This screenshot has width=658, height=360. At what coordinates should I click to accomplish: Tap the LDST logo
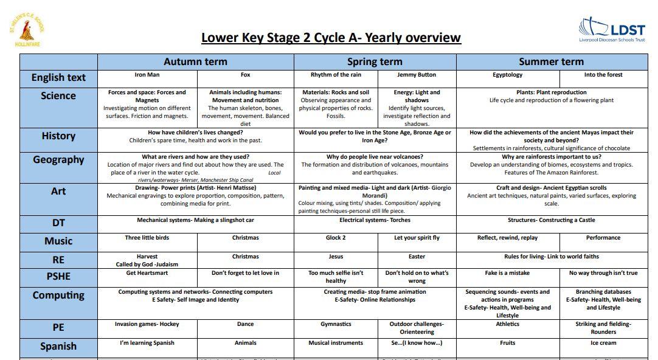[x=611, y=29]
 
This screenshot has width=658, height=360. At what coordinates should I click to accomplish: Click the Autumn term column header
[x=195, y=61]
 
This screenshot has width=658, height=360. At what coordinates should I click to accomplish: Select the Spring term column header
[x=375, y=61]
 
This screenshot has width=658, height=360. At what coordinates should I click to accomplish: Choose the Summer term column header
[x=551, y=61]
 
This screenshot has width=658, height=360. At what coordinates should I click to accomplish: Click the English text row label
[x=58, y=78]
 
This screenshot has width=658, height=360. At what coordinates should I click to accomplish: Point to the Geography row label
[x=58, y=160]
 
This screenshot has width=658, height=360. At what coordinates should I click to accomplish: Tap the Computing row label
[x=58, y=296]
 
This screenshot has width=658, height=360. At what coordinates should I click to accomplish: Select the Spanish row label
[x=58, y=347]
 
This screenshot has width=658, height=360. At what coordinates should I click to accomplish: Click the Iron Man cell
[x=147, y=75]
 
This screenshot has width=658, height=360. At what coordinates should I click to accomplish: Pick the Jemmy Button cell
[x=417, y=75]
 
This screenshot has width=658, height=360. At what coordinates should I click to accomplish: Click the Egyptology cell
[x=507, y=75]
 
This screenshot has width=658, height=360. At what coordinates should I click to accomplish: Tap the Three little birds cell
[x=147, y=238]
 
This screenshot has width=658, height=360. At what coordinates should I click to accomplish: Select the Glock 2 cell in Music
[x=336, y=238]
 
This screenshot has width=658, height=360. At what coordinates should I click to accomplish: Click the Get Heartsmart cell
[x=147, y=273]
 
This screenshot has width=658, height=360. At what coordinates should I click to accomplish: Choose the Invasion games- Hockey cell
[x=147, y=324]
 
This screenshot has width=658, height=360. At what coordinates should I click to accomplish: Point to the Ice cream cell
[x=603, y=343]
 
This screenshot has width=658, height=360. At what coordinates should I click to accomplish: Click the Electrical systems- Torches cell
[x=375, y=220]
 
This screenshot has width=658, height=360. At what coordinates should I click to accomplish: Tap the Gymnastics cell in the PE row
[x=336, y=324]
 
